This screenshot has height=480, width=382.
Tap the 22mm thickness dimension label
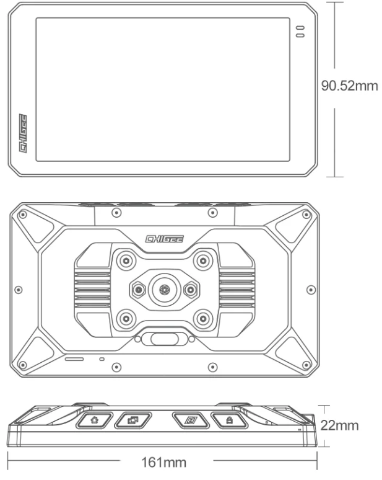340,426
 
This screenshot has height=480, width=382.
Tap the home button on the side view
94,420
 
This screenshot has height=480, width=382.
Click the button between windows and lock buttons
191,420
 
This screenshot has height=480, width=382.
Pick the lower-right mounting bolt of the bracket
201,318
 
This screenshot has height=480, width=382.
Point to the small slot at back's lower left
75,358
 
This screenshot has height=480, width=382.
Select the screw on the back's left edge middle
19,288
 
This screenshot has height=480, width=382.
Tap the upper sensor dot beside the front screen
301,29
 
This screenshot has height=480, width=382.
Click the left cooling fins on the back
93,288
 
